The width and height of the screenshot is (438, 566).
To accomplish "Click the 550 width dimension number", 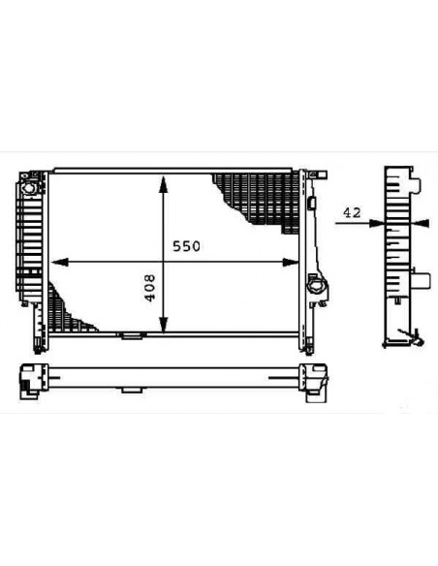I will point(186,247).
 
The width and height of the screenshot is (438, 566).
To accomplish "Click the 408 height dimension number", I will point(151,288).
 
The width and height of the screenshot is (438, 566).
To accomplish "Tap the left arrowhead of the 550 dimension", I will point(56,262).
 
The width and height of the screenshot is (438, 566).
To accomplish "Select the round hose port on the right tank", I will point(317,286).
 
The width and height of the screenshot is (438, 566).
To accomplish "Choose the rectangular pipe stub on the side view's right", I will point(423,283).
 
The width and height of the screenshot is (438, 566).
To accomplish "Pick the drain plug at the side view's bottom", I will point(412,338).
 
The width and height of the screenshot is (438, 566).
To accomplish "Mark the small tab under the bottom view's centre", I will point(129,390).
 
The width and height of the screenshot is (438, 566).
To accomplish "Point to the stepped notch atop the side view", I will point(415,180).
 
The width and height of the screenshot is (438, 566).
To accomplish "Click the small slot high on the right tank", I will point(315,203).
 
